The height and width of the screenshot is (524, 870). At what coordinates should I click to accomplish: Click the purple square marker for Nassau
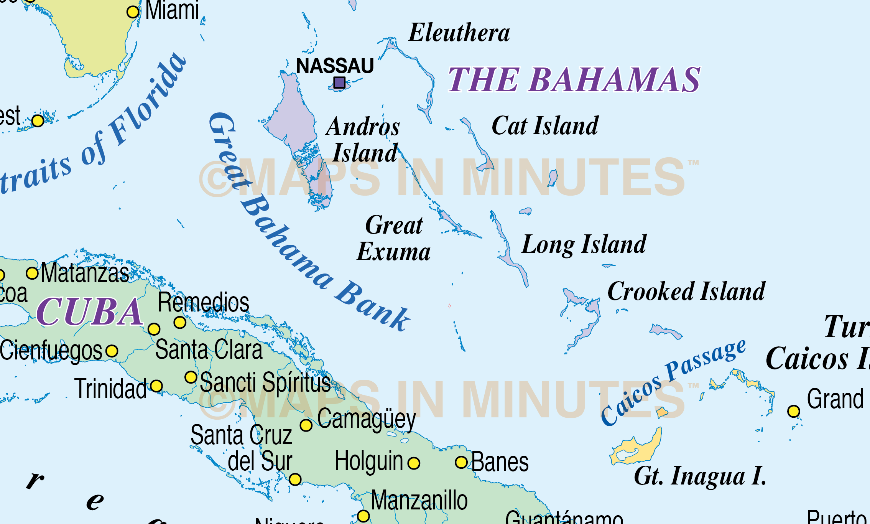(x=339, y=82)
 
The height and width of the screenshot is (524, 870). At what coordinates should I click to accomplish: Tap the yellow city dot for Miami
(x=133, y=12)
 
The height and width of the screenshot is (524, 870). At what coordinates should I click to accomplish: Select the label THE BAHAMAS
(x=574, y=80)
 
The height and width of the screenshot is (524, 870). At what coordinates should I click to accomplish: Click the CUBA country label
(x=90, y=312)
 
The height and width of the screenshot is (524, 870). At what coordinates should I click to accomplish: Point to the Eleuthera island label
(x=459, y=33)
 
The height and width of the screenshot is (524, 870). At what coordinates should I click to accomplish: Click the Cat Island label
(x=544, y=126)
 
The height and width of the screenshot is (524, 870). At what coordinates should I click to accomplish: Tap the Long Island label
(x=584, y=244)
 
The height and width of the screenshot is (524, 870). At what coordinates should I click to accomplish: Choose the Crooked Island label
(x=686, y=292)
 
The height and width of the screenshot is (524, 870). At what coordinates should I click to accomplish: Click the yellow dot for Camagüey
(x=306, y=425)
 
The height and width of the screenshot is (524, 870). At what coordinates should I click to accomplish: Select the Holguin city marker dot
(x=414, y=463)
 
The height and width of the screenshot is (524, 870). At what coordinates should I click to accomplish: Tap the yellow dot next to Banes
(x=461, y=462)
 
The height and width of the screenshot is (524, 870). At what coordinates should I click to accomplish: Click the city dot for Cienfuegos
(x=112, y=351)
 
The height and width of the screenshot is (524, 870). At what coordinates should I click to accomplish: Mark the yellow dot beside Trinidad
(x=156, y=386)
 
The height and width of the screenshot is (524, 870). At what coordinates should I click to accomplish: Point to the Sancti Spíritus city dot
(x=191, y=377)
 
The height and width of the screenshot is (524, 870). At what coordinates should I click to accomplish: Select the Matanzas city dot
(x=32, y=273)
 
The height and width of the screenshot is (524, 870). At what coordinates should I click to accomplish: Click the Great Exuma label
(x=394, y=238)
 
